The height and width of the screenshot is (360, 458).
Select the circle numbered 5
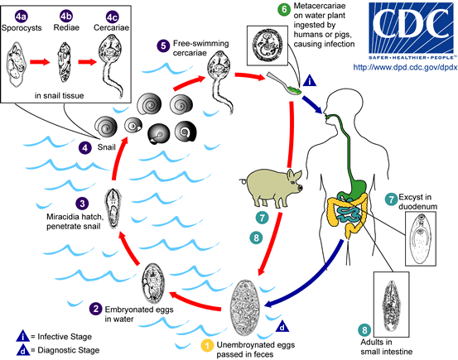click(164, 45)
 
